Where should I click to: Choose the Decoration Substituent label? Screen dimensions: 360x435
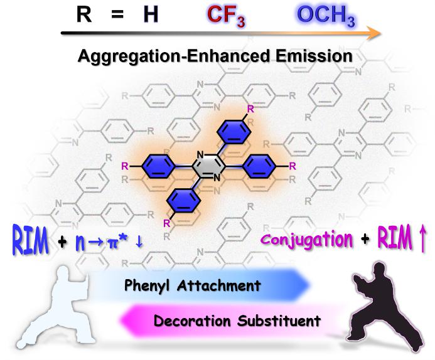[x=237, y=321]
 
